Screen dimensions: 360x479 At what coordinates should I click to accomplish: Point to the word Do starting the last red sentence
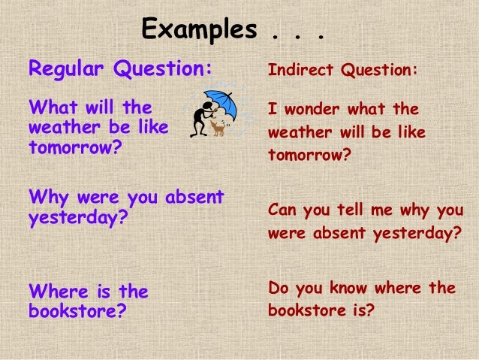[277, 289]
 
